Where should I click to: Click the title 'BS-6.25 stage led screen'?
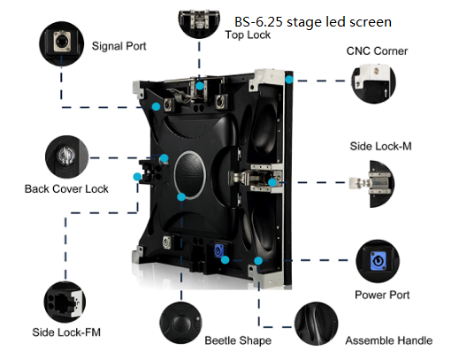(313, 22)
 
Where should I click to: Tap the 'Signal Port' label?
(119, 46)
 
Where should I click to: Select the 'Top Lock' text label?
(248, 34)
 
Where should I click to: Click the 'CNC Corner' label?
(377, 51)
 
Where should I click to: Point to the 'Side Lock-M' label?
(380, 146)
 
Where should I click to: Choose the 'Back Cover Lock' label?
(66, 189)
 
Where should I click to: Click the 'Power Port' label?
(382, 295)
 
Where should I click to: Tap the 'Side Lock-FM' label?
(66, 333)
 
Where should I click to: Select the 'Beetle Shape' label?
(238, 341)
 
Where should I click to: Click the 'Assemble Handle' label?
(388, 341)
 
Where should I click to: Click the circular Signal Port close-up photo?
(61, 43)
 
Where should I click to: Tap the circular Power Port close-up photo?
(378, 262)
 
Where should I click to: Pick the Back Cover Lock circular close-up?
(66, 157)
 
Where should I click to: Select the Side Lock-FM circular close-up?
(65, 302)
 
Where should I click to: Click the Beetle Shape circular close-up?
(180, 323)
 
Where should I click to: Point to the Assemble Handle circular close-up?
(317, 324)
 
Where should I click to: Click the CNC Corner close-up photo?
(373, 83)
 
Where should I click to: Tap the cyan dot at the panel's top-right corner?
(289, 80)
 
